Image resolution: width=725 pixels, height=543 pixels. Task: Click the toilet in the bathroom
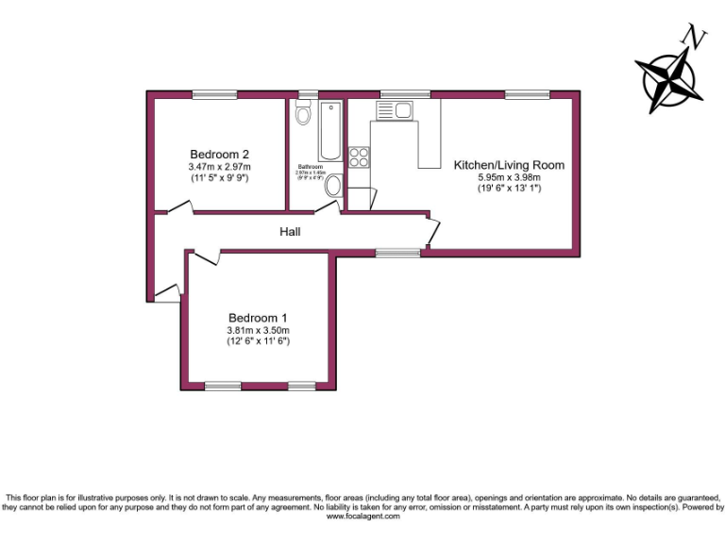click(x=303, y=115)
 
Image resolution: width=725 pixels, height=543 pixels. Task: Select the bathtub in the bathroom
click(x=330, y=131)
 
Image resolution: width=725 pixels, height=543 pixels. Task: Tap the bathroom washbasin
click(x=334, y=187)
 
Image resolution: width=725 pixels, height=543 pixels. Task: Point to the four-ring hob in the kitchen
click(x=359, y=157)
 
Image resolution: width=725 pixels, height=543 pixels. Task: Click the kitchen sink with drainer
click(x=394, y=110)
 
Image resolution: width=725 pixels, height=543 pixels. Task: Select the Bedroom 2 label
click(x=219, y=155)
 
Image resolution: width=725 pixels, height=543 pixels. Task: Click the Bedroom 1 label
click(x=258, y=318)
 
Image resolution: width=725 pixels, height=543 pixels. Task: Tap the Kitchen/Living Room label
click(x=509, y=165)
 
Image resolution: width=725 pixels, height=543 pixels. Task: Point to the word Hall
click(x=290, y=231)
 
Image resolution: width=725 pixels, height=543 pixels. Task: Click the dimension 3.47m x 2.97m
click(x=219, y=167)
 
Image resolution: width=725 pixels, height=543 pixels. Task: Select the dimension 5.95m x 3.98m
click(x=509, y=177)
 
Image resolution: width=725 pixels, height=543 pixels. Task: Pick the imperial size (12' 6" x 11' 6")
click(x=258, y=341)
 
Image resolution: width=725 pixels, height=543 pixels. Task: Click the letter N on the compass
click(x=696, y=38)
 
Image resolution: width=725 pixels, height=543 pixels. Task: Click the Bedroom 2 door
click(x=175, y=208)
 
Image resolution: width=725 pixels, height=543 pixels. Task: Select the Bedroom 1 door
click(x=206, y=255)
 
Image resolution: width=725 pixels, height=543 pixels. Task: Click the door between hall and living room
click(x=430, y=229)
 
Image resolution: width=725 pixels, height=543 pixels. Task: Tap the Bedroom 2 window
click(x=214, y=93)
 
